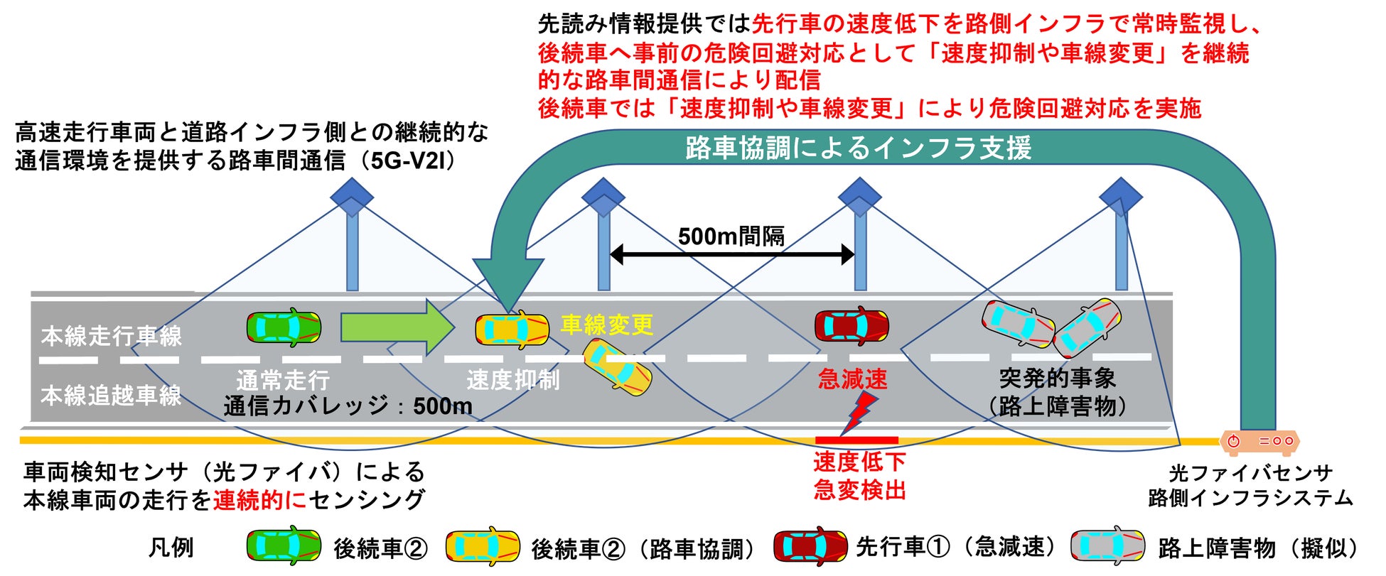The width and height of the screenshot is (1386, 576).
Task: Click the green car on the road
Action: pyautogui.click(x=284, y=327)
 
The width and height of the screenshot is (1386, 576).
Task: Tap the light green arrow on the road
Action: pyautogui.click(x=397, y=327)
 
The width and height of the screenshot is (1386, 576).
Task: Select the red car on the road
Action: pyautogui.click(x=851, y=327)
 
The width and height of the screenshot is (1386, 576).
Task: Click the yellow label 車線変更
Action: pyautogui.click(x=607, y=325)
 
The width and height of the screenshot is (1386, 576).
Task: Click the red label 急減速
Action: pyautogui.click(x=852, y=380)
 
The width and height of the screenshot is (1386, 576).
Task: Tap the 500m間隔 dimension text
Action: pyautogui.click(x=731, y=236)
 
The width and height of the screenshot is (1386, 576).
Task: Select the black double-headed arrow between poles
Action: pyautogui.click(x=732, y=254)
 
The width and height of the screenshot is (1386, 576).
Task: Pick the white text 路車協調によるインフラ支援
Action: pyautogui.click(x=858, y=148)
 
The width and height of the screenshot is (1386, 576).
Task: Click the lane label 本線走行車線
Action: pyautogui.click(x=112, y=336)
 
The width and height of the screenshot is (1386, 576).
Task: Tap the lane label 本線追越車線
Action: pyautogui.click(x=112, y=396)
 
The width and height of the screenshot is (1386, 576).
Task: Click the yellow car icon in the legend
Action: pyautogui.click(x=482, y=546)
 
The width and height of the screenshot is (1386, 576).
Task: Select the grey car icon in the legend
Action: pyautogui.click(x=1107, y=546)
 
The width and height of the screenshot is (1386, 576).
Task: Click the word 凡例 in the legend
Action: pyautogui.click(x=171, y=548)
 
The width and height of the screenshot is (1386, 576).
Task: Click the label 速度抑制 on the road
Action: pyautogui.click(x=512, y=381)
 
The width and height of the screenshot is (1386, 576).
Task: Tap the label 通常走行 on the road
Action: pyautogui.click(x=283, y=381)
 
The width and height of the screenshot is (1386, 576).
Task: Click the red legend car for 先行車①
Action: pyautogui.click(x=810, y=546)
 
